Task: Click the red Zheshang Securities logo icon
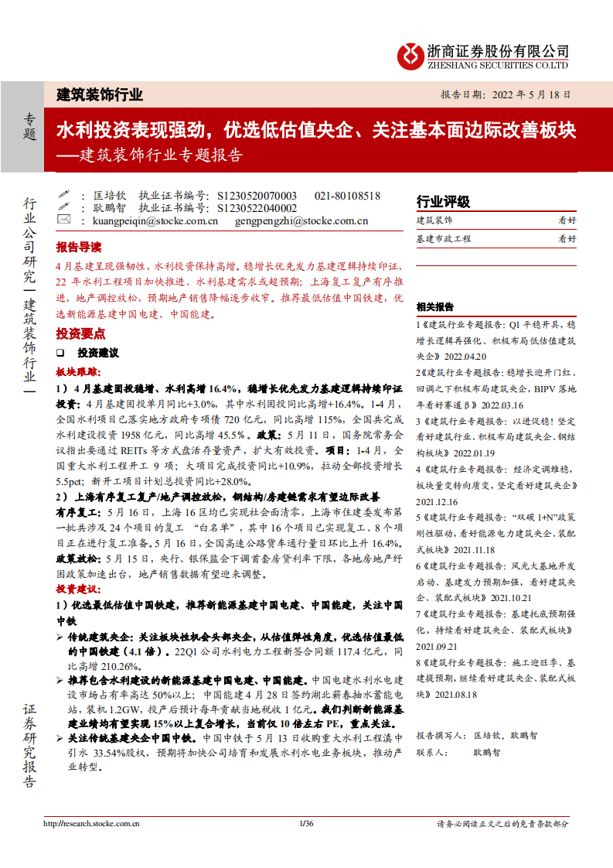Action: [x=410, y=55]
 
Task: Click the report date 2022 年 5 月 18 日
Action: [x=528, y=95]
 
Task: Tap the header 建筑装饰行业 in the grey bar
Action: [x=100, y=95]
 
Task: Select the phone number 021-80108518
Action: [x=348, y=196]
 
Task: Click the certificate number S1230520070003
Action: [x=257, y=196]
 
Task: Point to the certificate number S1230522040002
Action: [x=257, y=208]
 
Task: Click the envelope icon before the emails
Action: [x=64, y=220]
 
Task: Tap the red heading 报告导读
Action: [x=78, y=248]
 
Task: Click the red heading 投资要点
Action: [x=78, y=333]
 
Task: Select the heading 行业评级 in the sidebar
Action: [x=443, y=202]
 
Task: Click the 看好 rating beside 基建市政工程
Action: [x=567, y=239]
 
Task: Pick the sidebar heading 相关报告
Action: [x=435, y=306]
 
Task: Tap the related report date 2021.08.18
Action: [x=455, y=695]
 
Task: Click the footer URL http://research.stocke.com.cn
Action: [x=91, y=824]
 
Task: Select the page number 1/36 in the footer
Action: [x=306, y=824]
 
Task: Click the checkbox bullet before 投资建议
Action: [x=60, y=352]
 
